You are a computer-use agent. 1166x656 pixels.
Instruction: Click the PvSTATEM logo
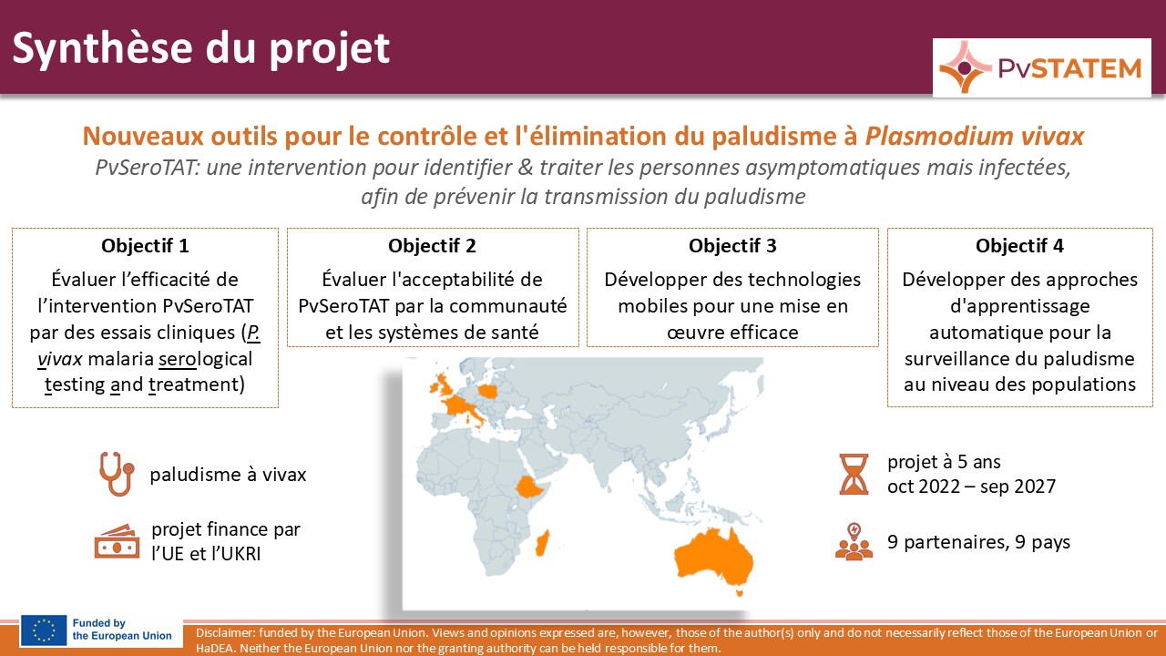coord(1041,67)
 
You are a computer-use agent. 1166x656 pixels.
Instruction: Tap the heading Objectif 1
coord(145,246)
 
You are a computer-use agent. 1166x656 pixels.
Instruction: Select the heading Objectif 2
coord(432,246)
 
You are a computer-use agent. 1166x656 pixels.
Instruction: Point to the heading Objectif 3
coord(732,246)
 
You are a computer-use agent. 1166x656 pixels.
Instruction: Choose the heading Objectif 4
coord(1019,246)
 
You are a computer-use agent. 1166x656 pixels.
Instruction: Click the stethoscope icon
coord(117,474)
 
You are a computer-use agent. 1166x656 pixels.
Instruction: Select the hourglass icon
coord(854,474)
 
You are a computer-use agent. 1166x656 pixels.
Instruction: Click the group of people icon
coord(854,541)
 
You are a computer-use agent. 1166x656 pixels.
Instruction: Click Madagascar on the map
coord(542,543)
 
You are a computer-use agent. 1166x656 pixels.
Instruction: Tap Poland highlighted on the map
coord(489,391)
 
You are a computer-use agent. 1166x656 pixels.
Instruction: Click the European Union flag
coord(44,630)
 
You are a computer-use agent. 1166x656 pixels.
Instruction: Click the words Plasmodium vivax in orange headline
coord(975,137)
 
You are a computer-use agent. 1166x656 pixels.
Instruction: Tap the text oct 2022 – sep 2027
coord(971,487)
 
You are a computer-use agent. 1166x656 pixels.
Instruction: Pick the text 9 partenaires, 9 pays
coord(978,542)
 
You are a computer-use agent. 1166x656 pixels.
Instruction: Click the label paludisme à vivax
coord(228,475)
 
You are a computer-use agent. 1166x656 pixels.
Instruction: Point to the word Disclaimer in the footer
coord(225,633)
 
